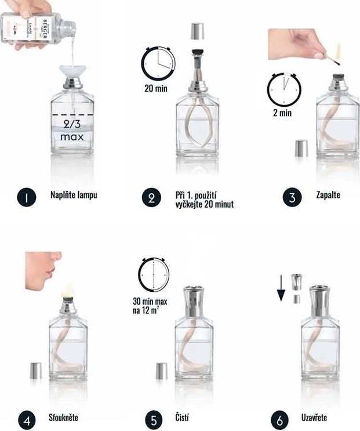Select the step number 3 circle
(292, 197)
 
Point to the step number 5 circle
(153, 419)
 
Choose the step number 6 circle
(281, 419)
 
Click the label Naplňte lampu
(73, 195)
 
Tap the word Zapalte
(329, 195)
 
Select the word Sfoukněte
(63, 417)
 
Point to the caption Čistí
(182, 417)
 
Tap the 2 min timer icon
(283, 89)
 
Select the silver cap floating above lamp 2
(197, 31)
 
